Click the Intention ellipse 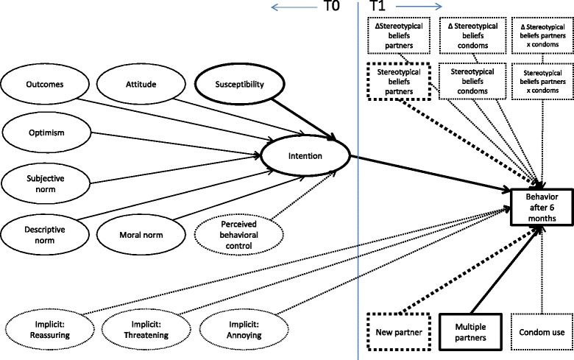(x=308, y=156)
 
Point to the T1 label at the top (x=380, y=10)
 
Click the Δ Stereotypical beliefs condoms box (x=470, y=35)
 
